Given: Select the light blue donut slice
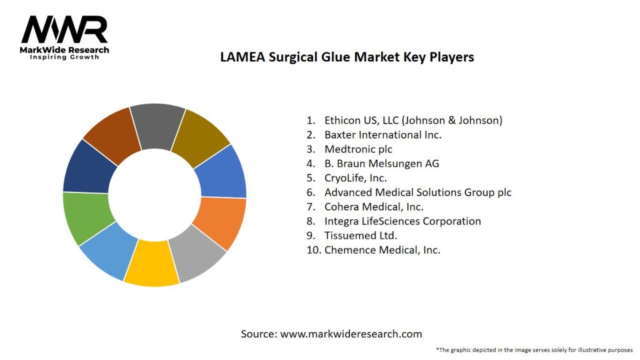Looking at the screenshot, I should (108, 251).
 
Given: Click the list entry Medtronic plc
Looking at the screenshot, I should (358, 149).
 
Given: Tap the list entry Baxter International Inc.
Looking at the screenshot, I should (382, 134).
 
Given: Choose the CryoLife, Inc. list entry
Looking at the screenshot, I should (356, 177).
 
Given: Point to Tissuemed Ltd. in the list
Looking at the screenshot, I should (361, 236).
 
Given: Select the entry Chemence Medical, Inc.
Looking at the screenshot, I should (382, 250).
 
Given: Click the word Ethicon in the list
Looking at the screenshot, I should (342, 120).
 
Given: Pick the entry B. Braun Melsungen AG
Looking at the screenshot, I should (381, 163).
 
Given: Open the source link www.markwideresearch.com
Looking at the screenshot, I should (351, 334).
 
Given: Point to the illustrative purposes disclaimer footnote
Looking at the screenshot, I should (534, 349).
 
